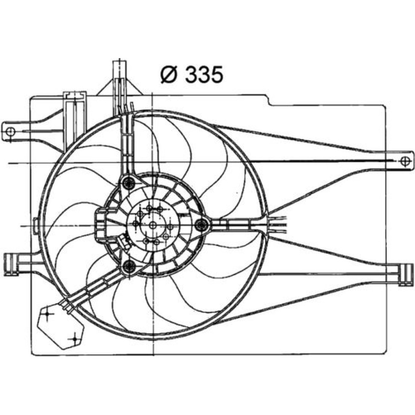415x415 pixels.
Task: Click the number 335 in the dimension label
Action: point(204,75)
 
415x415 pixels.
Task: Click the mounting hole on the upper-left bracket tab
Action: point(11,131)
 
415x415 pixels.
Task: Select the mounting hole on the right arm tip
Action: point(405,161)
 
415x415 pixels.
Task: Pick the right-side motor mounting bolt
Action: point(202,225)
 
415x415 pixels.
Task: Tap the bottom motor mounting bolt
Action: point(129,266)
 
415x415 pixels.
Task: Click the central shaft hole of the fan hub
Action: point(153,225)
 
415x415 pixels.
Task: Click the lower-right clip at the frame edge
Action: point(406,275)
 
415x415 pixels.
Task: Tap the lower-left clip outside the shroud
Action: point(11,264)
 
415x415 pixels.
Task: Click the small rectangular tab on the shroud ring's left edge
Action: point(36,226)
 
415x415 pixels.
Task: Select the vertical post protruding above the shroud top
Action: point(120,87)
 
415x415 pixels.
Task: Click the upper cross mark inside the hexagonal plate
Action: point(47,314)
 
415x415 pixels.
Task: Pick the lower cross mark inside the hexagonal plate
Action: point(75,339)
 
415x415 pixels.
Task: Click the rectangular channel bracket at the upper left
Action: point(75,122)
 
